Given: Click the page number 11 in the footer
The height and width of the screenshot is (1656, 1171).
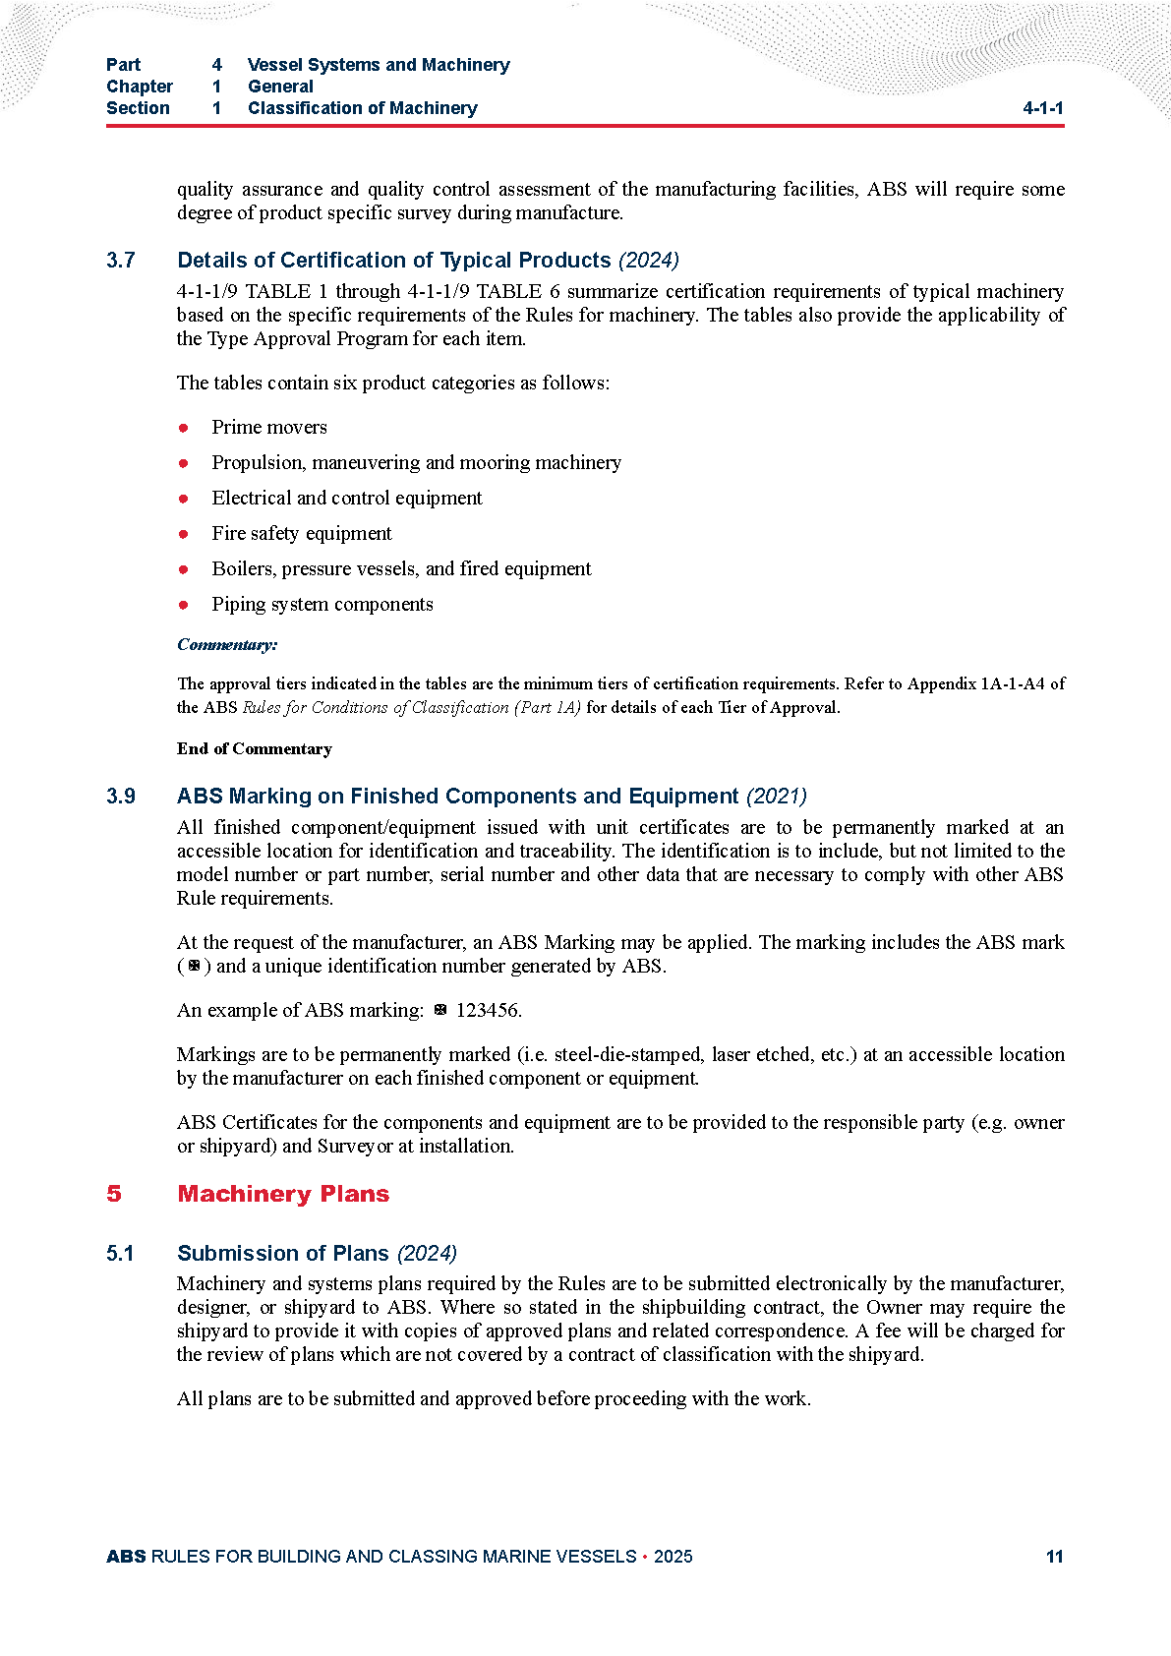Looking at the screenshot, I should click(x=1054, y=1556).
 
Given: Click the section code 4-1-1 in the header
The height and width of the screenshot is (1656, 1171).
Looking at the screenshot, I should click(x=1042, y=108).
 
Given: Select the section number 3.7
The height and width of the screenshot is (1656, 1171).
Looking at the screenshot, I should click(x=121, y=261).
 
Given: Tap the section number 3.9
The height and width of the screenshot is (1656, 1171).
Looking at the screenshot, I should click(x=121, y=797).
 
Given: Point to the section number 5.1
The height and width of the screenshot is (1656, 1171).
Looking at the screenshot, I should click(x=120, y=1254).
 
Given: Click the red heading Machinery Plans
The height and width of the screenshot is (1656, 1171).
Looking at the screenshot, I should click(x=283, y=1194).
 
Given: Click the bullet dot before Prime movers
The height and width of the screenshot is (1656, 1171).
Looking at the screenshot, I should click(x=183, y=428).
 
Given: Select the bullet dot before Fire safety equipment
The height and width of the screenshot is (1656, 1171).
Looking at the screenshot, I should click(x=183, y=534).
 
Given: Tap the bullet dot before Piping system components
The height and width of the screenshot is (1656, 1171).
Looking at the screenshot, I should click(x=183, y=605).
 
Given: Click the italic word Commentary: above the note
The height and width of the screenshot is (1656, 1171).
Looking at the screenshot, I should click(x=227, y=645).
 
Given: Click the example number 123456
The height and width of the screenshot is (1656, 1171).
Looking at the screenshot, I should click(x=488, y=1010).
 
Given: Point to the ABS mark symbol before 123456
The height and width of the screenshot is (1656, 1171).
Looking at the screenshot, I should click(x=440, y=1009).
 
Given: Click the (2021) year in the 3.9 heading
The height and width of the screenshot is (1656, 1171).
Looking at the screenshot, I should click(x=777, y=797).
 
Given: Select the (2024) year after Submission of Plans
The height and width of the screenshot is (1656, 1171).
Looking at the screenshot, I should click(x=427, y=1254).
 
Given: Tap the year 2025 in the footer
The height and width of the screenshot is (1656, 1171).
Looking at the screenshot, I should click(x=673, y=1557).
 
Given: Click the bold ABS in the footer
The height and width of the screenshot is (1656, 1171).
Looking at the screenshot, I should click(x=126, y=1557).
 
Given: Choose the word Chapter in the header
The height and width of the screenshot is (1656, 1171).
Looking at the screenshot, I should click(x=140, y=87).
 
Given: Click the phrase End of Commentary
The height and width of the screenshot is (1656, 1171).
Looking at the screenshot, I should click(x=255, y=749).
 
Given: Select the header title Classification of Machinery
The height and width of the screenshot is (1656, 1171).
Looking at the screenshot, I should click(x=362, y=108).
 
